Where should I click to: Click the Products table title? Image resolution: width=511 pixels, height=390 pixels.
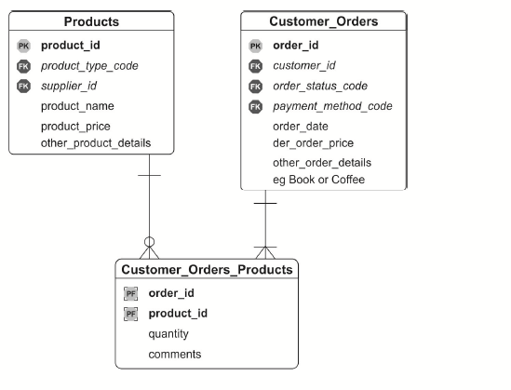click(x=91, y=21)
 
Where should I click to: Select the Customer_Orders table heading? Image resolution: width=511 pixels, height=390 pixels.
click(x=324, y=21)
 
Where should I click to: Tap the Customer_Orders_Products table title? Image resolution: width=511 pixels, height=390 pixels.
click(x=207, y=270)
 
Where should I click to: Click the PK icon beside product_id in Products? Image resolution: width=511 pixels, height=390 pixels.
click(x=23, y=46)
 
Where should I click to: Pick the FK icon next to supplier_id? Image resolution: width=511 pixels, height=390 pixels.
click(x=23, y=87)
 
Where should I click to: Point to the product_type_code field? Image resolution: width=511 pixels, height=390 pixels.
click(x=89, y=66)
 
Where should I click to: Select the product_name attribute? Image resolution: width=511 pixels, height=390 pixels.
click(x=77, y=106)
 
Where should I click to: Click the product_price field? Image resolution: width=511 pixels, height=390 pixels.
click(x=75, y=127)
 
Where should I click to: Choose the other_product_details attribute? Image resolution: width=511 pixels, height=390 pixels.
click(x=96, y=143)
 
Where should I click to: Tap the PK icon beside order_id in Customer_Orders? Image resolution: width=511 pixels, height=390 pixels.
click(x=255, y=46)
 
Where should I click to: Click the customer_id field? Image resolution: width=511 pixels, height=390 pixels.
click(x=304, y=66)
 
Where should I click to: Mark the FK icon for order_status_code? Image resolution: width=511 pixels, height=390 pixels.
click(x=255, y=87)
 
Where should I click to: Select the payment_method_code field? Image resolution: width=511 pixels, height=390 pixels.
click(x=332, y=106)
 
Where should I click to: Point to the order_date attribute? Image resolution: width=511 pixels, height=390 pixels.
click(x=301, y=127)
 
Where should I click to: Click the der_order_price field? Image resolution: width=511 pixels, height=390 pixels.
click(x=313, y=143)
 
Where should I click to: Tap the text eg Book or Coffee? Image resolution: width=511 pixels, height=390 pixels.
click(x=318, y=180)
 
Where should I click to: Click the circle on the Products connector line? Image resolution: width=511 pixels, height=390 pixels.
click(x=149, y=242)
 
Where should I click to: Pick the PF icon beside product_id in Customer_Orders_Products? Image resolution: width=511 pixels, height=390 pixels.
click(x=130, y=314)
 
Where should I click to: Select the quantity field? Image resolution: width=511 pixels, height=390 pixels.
click(x=168, y=334)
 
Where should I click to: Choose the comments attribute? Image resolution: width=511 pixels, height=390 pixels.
click(x=175, y=355)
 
